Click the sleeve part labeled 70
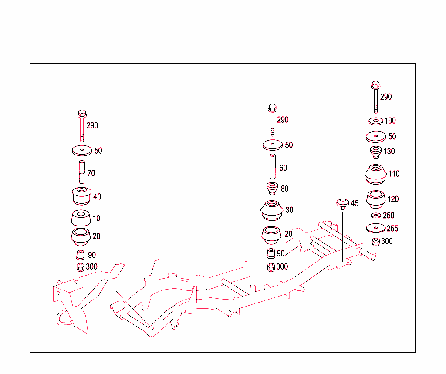(81, 172)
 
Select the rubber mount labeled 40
(81, 196)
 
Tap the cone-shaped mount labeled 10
(81, 218)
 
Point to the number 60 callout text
(283, 168)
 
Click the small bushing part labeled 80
(273, 189)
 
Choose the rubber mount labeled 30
(272, 210)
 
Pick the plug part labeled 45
(342, 203)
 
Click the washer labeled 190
(375, 121)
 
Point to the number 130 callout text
(389, 152)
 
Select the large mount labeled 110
(376, 174)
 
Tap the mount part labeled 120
(376, 199)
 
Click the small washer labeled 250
(376, 216)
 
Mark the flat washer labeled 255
(376, 228)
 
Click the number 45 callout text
(355, 204)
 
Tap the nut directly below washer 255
(375, 242)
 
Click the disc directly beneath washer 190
(376, 137)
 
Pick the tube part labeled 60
(273, 167)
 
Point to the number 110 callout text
(394, 174)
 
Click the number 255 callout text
(392, 229)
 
